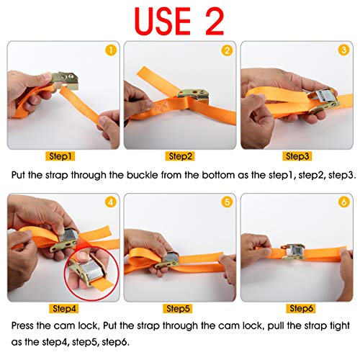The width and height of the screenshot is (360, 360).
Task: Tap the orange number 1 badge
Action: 110,50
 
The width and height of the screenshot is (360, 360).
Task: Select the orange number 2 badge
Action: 226,50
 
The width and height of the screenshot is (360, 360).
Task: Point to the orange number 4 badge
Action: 110,203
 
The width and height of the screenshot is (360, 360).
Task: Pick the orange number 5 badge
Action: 226,203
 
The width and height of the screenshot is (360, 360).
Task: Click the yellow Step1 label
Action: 62,156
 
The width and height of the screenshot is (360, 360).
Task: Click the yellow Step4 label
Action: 62,308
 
